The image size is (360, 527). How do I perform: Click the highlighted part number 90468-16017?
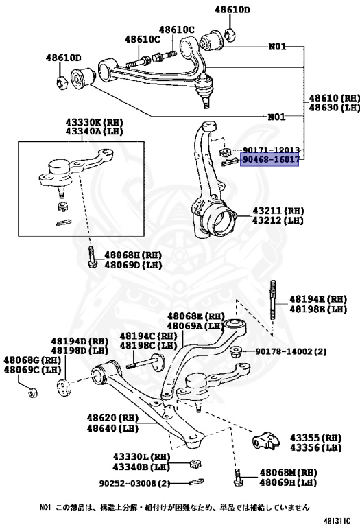point(270,159)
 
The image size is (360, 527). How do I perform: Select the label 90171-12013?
point(270,150)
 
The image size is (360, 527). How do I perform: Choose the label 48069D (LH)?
point(132,265)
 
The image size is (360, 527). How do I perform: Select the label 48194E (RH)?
point(317,300)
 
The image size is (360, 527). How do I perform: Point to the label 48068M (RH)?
point(288,473)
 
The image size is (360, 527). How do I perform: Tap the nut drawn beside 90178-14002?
point(235,352)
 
